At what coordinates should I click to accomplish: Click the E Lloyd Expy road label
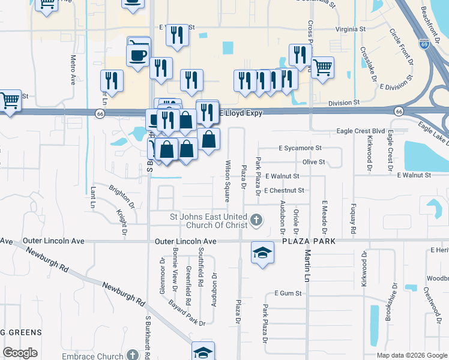241,112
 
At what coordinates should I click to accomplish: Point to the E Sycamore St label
301,148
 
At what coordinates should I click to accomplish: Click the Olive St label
313,162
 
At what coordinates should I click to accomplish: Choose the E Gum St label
288,293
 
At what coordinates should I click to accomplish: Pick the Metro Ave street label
73,70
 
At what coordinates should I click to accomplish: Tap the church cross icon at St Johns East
256,220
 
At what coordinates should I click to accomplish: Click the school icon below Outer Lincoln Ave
262,253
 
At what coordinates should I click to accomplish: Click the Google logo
20,353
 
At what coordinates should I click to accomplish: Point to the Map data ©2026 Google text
412,355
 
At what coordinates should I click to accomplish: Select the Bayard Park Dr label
187,313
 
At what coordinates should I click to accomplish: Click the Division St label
343,103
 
